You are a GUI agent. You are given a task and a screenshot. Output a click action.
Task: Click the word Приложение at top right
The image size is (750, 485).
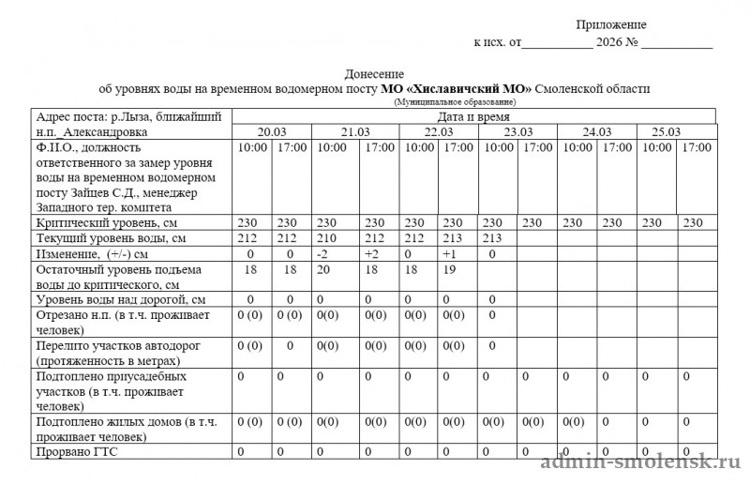(x=610, y=24)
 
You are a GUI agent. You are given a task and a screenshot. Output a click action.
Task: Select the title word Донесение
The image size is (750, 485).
(x=374, y=74)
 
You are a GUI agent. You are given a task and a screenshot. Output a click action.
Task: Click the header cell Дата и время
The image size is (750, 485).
(x=473, y=116)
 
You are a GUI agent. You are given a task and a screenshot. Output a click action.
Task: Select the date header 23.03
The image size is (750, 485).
(x=517, y=132)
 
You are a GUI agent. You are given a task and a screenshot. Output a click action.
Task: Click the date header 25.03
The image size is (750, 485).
(x=666, y=132)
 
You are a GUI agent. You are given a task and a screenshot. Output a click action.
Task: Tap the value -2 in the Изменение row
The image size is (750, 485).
(x=322, y=254)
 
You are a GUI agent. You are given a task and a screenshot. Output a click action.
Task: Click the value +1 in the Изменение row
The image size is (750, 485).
(x=449, y=254)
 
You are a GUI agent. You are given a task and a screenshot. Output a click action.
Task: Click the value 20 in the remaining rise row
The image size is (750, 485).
(x=324, y=269)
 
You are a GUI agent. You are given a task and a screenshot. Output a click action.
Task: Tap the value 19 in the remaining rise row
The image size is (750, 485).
(x=450, y=269)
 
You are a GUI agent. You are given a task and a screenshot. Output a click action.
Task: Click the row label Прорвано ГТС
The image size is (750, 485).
(x=76, y=453)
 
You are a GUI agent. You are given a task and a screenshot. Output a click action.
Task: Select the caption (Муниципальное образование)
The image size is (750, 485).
(x=455, y=100)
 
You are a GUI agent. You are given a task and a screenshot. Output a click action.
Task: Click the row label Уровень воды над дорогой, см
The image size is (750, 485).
(x=119, y=299)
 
